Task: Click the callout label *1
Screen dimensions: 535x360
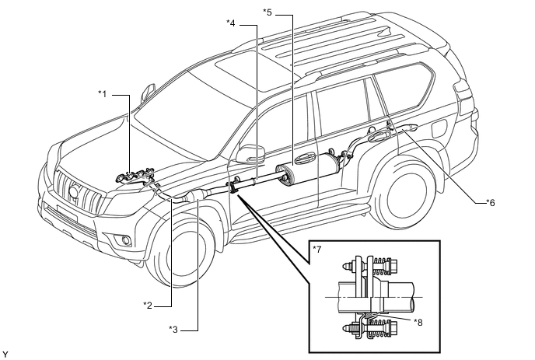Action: click(x=103, y=93)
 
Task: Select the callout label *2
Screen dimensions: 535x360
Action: click(x=148, y=305)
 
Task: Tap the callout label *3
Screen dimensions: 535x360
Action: click(x=173, y=330)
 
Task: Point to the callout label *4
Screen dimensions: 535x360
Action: click(x=231, y=23)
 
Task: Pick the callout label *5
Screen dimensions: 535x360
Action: click(x=267, y=12)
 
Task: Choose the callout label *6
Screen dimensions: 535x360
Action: click(x=491, y=203)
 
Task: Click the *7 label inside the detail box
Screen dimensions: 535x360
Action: click(x=317, y=250)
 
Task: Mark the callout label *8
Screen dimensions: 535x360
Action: click(x=418, y=322)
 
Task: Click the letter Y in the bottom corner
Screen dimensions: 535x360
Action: click(x=5, y=355)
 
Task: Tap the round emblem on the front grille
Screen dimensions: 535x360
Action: click(x=74, y=192)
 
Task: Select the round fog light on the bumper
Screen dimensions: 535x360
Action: click(x=125, y=240)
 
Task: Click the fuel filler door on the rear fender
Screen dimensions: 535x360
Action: click(x=439, y=128)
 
